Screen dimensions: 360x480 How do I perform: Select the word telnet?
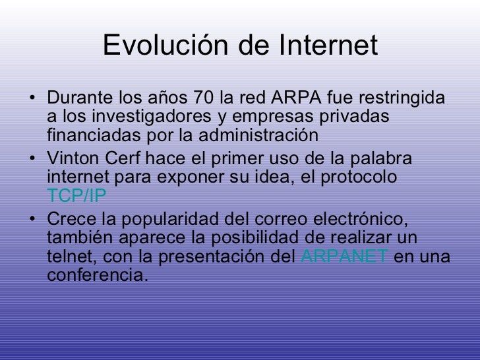69,256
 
